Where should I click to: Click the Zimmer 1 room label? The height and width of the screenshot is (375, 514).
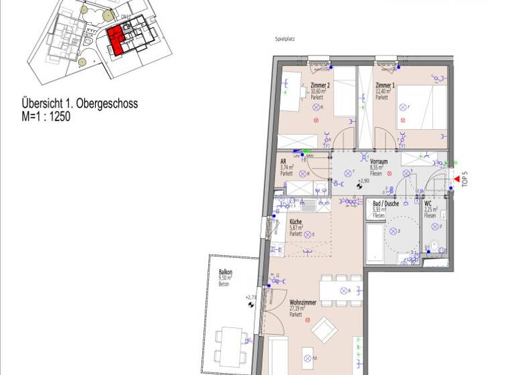385,86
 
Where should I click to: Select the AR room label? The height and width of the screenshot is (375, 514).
284,162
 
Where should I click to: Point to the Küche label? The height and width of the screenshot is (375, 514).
296,222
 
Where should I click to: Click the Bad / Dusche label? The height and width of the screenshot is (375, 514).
386,204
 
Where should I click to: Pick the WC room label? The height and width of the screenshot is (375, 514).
428,204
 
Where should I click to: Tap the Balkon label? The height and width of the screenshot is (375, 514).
225,273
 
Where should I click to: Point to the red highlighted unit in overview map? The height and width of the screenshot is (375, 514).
116,40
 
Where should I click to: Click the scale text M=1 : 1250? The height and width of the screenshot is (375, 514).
46,116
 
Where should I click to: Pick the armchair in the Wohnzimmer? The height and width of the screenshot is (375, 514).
326,327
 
